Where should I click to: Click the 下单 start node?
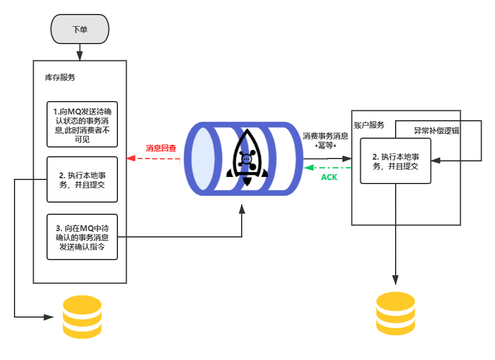[x=80, y=29]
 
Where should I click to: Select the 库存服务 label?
[x=60, y=77]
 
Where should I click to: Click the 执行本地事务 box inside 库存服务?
[x=82, y=179]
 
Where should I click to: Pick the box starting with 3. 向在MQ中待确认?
[x=82, y=237]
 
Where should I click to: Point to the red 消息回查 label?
[x=161, y=148]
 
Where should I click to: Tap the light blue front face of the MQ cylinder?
[x=203, y=158]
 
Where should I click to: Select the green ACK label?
[x=329, y=177]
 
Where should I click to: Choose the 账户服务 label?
[x=369, y=125]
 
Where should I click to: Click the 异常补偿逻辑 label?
[x=436, y=131]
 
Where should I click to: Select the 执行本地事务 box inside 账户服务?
[x=396, y=161]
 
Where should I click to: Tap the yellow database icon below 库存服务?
[x=82, y=317]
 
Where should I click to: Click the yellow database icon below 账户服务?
[x=396, y=314]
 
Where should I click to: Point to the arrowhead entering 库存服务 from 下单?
[x=80, y=56]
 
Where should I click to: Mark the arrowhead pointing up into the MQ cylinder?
[x=242, y=207]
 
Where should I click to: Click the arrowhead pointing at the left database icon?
[x=48, y=317]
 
